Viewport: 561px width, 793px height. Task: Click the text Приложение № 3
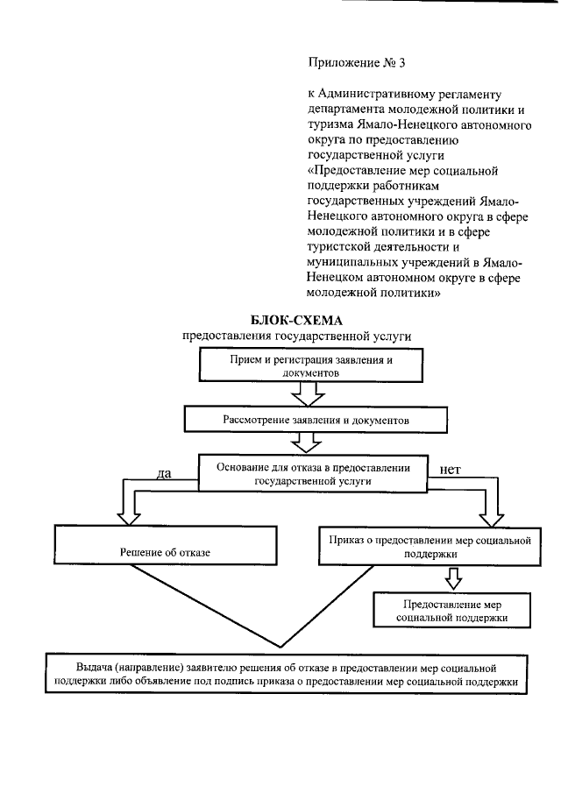[x=356, y=63]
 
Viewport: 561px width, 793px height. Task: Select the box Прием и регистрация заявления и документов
[x=305, y=367]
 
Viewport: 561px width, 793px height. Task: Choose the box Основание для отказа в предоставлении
[x=312, y=474]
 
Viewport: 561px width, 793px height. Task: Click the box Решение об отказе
[x=165, y=553]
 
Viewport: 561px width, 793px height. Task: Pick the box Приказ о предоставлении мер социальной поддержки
[x=430, y=548]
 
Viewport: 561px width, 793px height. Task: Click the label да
[x=162, y=474]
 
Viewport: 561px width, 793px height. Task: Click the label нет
[x=450, y=469]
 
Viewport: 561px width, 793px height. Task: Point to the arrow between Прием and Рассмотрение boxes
[x=307, y=397]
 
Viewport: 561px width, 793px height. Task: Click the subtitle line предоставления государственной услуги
[x=296, y=336]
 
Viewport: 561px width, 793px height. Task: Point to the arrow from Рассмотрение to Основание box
[x=307, y=444]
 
